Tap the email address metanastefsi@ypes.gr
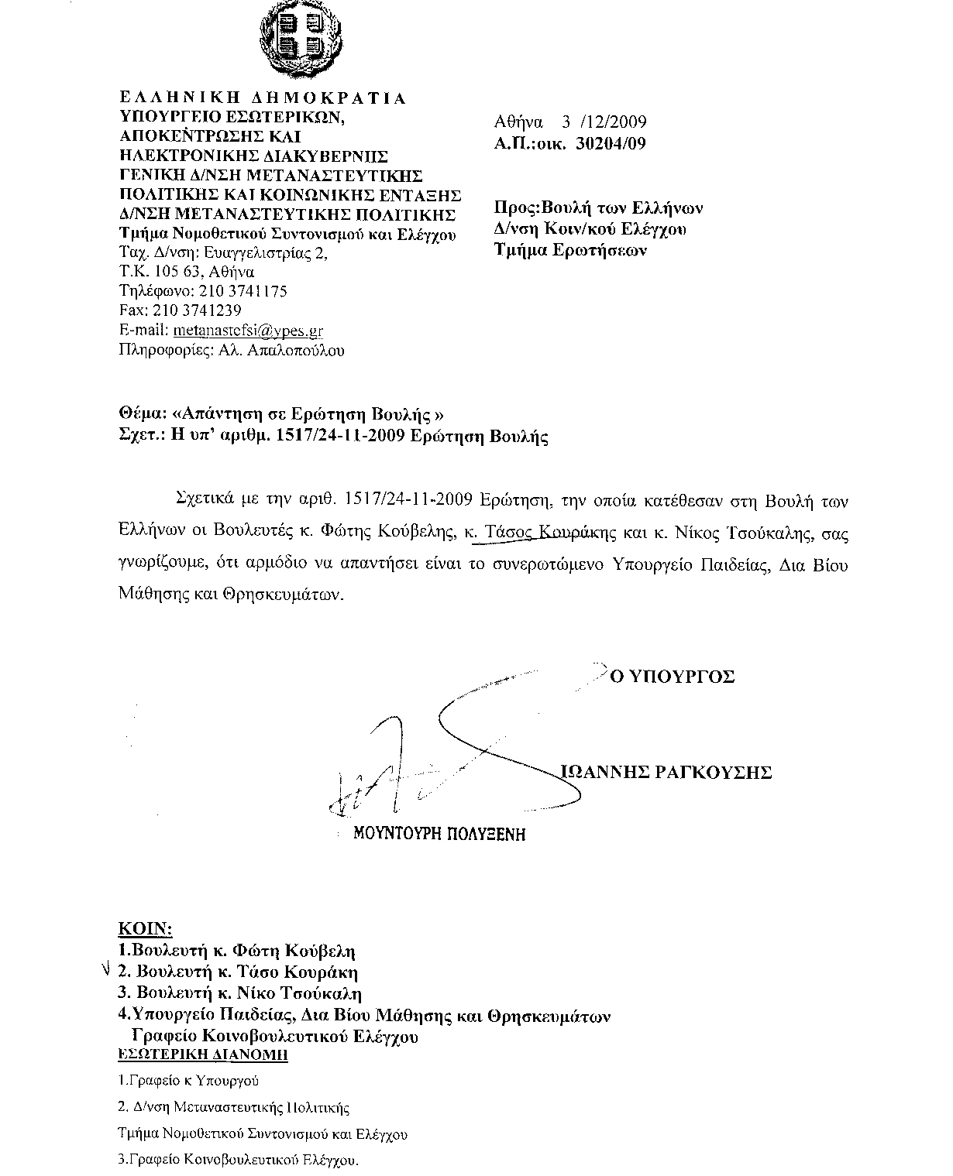248,331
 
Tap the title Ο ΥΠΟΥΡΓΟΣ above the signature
672,677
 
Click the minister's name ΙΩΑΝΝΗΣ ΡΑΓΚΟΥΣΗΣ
666,772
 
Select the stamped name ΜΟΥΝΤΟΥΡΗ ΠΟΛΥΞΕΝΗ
439,834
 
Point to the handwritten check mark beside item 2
106,970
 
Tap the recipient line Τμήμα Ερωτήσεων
571,250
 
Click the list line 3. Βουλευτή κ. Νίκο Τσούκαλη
239,993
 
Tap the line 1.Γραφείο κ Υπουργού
188,1081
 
